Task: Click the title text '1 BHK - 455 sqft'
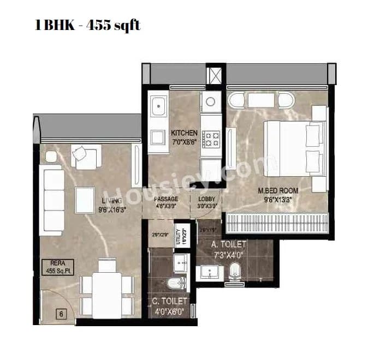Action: point(87,26)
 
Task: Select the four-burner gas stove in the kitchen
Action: point(211,139)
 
